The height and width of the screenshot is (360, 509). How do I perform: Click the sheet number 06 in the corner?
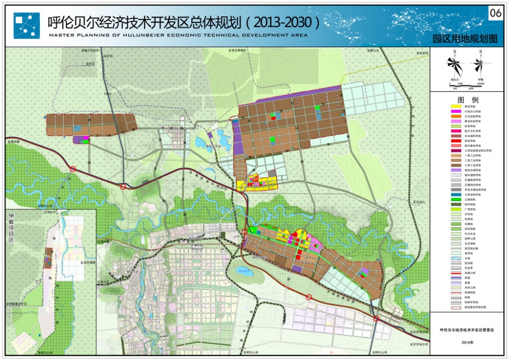[495, 14]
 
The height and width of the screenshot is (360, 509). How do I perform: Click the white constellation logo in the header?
[26, 25]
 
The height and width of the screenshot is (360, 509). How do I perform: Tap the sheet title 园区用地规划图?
[464, 39]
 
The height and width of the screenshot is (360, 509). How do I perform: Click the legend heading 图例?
[468, 99]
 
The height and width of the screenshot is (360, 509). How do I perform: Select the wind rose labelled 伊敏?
[478, 65]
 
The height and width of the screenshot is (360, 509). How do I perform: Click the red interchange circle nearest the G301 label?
[123, 187]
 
